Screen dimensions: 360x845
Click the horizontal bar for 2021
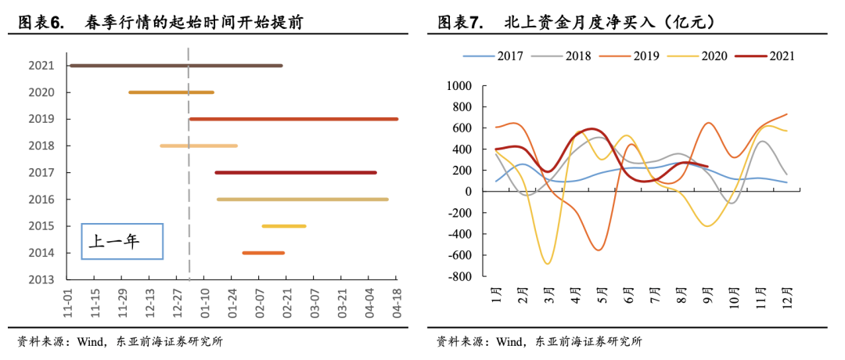coord(176,66)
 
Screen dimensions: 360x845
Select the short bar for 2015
coord(283,226)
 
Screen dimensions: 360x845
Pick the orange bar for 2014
coord(263,253)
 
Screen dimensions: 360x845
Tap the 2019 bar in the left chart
coord(293,119)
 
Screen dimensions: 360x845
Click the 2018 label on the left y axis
coord(41,146)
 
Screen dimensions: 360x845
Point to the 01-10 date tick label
coord(204,301)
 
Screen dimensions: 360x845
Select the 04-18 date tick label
coord(396,301)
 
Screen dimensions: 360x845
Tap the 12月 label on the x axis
coord(786,298)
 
